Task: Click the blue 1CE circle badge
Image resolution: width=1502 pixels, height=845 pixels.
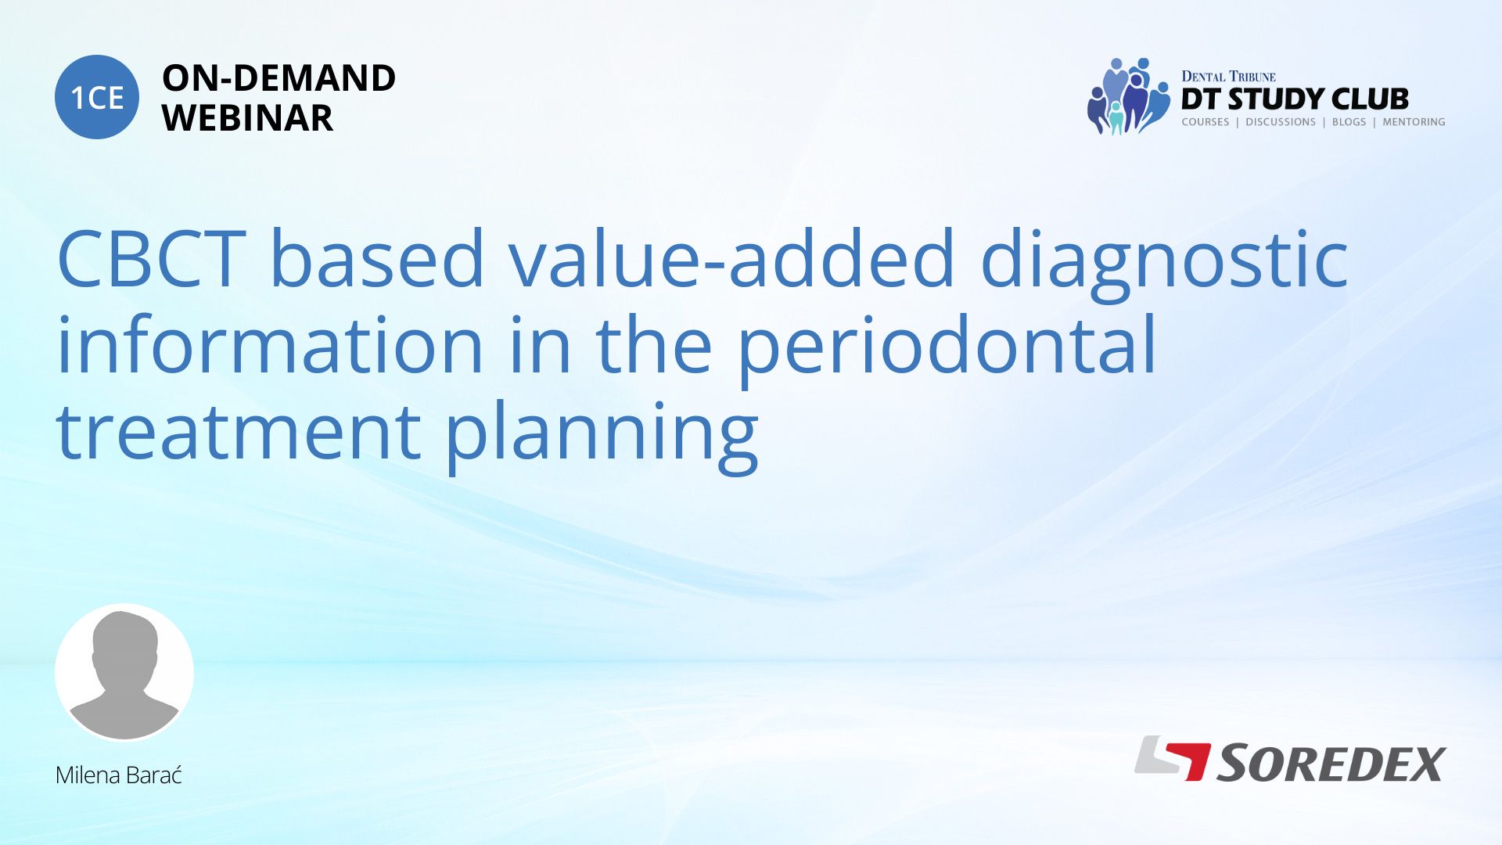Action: [x=97, y=97]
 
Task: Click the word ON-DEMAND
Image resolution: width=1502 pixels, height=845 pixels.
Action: [x=278, y=78]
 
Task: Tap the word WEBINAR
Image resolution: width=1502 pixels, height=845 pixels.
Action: [x=247, y=118]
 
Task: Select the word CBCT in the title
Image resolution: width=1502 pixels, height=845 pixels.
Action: [x=152, y=258]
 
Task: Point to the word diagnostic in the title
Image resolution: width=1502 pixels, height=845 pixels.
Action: [x=1165, y=263]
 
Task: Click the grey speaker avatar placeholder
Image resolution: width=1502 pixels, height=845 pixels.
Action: [x=124, y=672]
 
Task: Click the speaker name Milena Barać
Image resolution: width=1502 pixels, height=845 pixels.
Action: [x=119, y=775]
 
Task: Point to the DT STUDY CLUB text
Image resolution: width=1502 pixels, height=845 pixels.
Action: [x=1295, y=99]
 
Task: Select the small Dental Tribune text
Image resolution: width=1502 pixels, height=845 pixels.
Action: [x=1228, y=76]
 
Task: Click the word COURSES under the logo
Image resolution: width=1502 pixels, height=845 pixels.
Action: [x=1206, y=122]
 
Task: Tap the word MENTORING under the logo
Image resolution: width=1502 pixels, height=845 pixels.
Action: [x=1414, y=122]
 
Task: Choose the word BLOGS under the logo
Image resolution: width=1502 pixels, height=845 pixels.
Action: [x=1349, y=122]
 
